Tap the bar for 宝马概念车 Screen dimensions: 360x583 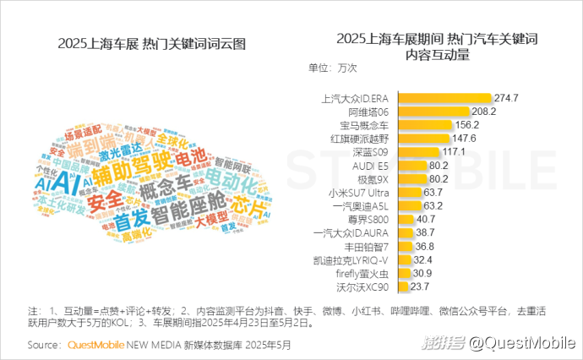[x=423, y=124]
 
